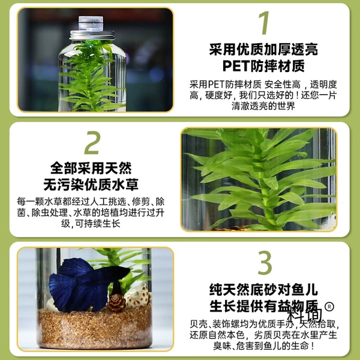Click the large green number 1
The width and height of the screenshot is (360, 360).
coord(264,23)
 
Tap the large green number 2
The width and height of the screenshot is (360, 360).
coord(92,143)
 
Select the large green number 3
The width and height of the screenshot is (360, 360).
coord(265,263)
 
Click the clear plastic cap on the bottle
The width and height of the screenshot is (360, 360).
coord(91,23)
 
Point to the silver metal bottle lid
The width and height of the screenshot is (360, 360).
coord(92,35)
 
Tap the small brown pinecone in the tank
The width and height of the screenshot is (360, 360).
coord(116,302)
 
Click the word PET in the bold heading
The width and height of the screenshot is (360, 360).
coord(236,66)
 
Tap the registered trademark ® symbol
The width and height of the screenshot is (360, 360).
coord(329,307)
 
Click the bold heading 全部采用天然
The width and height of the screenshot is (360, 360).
coord(91,168)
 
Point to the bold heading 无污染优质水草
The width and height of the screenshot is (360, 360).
coord(91,184)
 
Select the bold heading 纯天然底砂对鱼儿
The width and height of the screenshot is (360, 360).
coord(263,290)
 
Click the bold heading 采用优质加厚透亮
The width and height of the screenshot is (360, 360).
coord(263,50)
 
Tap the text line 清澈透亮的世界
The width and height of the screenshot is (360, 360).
coord(263,106)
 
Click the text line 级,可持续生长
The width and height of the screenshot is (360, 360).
coord(91,223)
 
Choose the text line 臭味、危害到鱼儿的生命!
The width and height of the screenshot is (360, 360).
coord(263,346)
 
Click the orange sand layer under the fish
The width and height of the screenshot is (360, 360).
coord(95,328)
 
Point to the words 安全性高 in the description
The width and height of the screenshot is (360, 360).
coord(282,85)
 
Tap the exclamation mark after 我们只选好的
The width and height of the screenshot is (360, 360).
coord(298,95)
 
